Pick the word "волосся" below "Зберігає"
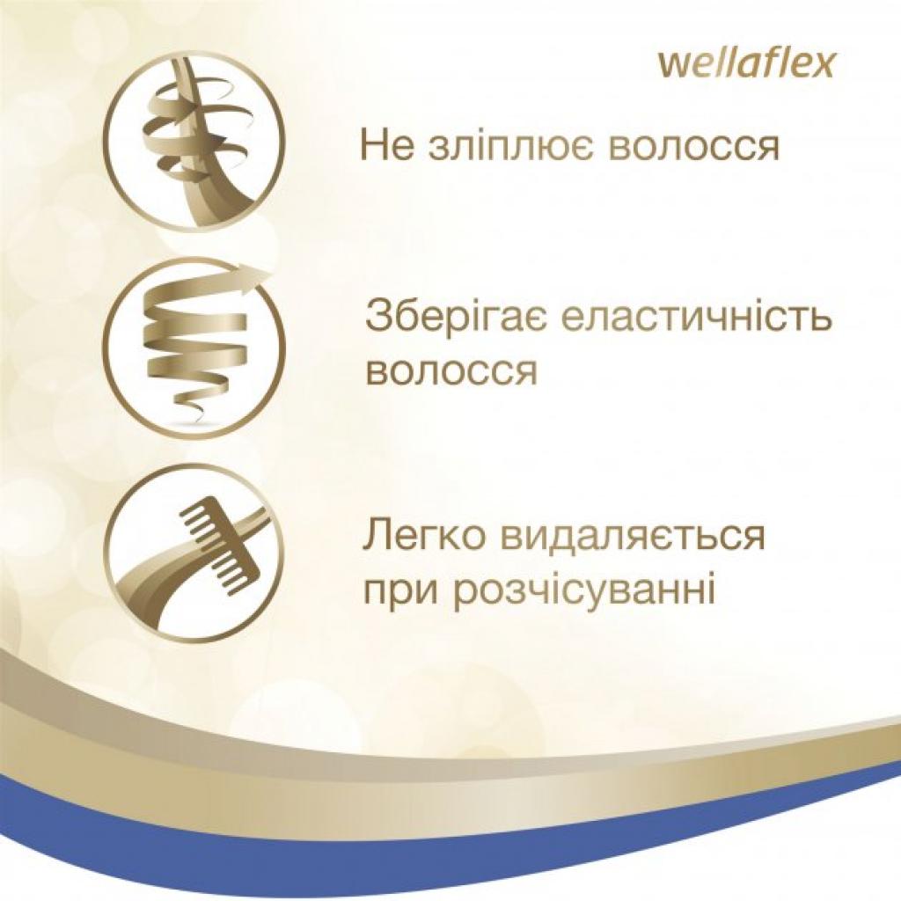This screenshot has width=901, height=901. click(450, 370)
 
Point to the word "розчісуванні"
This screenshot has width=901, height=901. click(582, 588)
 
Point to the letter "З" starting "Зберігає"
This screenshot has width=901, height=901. click(377, 318)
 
